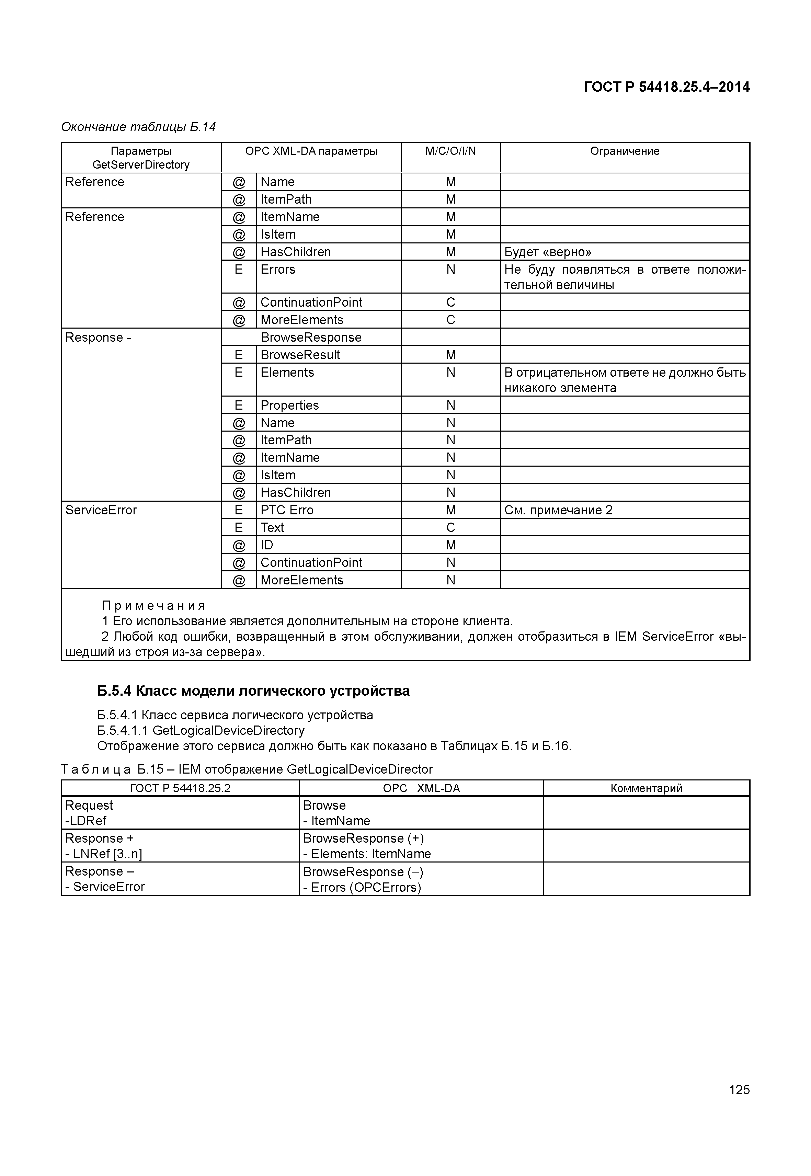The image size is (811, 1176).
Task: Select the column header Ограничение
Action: point(625,151)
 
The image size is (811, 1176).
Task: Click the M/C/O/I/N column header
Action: point(450,151)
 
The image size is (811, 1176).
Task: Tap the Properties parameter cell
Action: point(289,405)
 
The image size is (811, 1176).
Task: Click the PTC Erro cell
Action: point(287,510)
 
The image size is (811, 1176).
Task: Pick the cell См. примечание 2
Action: point(558,510)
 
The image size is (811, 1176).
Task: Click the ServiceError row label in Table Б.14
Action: point(101,510)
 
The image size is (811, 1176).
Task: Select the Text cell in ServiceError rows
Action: point(272,527)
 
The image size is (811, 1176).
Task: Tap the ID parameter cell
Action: point(267,545)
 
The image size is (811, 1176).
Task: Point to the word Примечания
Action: point(153,605)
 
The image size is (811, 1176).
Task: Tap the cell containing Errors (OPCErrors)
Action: point(362,887)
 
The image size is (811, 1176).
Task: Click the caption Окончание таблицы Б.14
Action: point(138,127)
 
